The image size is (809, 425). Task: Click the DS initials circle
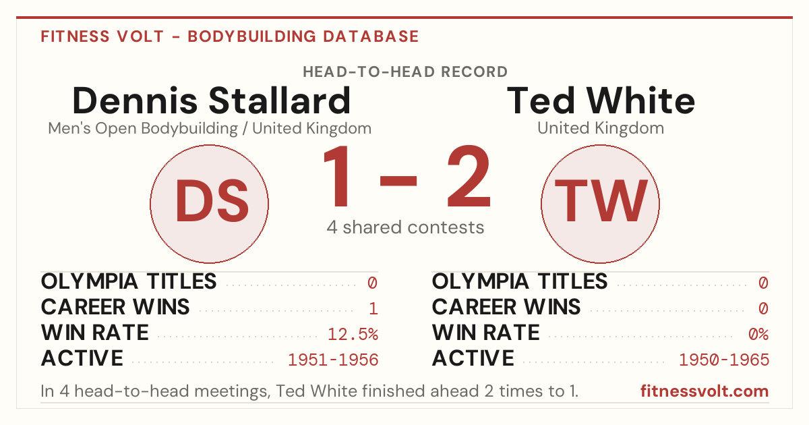point(209,204)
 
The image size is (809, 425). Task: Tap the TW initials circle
point(600,204)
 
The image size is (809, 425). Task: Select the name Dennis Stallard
point(211,101)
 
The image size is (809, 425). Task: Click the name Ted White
point(601,101)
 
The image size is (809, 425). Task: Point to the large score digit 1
point(337,176)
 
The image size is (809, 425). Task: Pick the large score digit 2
point(469,176)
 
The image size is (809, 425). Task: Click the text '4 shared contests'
point(405,227)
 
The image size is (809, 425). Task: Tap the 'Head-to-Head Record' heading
point(405,72)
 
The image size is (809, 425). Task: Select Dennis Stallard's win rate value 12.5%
point(353,335)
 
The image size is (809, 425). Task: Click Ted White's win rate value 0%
point(758,335)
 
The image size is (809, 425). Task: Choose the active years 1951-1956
point(333,360)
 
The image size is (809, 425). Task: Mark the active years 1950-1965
point(724,360)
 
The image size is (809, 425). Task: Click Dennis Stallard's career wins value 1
point(373,309)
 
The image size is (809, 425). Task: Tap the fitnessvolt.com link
point(705,391)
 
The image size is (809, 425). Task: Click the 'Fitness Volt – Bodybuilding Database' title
point(230,36)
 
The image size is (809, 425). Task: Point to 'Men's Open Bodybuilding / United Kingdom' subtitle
point(210,129)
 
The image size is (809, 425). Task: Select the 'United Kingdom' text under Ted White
point(601,128)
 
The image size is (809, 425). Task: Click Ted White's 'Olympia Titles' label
point(520,281)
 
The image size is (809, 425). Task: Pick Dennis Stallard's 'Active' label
point(82,358)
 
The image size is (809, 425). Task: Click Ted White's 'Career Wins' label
point(506,307)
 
